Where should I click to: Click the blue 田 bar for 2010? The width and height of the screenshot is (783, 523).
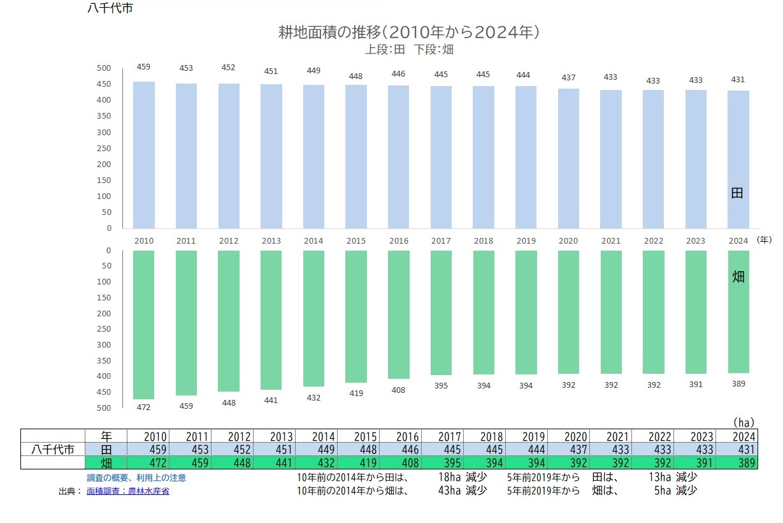[144, 154]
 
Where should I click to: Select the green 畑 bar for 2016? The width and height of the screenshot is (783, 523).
[399, 314]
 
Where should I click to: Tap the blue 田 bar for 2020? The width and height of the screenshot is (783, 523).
[568, 158]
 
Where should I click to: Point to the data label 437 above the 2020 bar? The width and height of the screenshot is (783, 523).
[568, 78]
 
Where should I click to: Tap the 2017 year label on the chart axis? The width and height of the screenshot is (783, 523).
[441, 241]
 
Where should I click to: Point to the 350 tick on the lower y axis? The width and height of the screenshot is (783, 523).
[104, 360]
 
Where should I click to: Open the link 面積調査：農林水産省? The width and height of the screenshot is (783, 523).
[128, 491]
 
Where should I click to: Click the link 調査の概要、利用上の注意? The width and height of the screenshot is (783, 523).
[136, 478]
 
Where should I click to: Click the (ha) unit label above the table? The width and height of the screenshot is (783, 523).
[743, 422]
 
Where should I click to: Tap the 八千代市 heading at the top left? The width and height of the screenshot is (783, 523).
[110, 9]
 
